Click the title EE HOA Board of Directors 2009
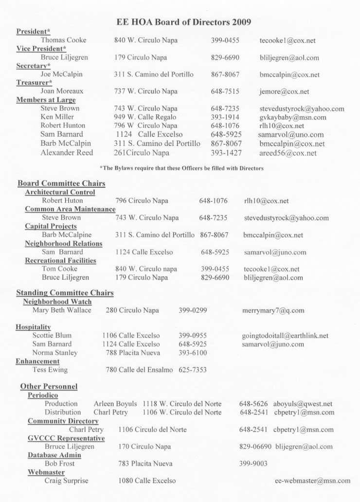(x=184, y=22)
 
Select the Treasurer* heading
(x=35, y=83)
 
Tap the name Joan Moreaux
(x=62, y=91)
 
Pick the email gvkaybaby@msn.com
(x=292, y=117)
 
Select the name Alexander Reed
(x=67, y=153)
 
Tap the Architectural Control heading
(x=60, y=192)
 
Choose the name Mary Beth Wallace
(x=62, y=310)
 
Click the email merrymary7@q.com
(x=273, y=310)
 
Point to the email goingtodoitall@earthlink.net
(x=285, y=336)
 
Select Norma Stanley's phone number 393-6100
(x=193, y=353)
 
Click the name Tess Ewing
(x=50, y=370)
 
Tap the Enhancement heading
(x=37, y=361)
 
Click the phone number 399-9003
(x=253, y=464)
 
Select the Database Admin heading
(x=54, y=455)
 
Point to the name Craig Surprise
(x=66, y=481)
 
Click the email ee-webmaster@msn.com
(x=312, y=481)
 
